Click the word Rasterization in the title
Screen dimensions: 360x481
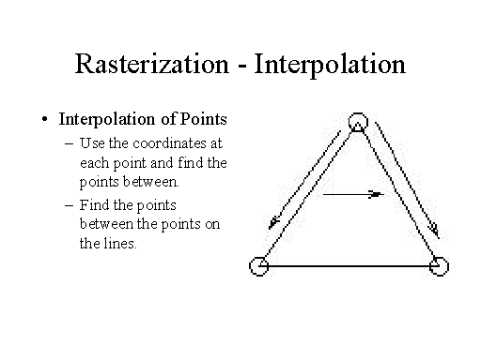tap(149, 65)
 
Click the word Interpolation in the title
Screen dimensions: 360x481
tap(327, 65)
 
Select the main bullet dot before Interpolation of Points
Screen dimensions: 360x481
tap(44, 121)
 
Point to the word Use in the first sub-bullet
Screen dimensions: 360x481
tap(93, 144)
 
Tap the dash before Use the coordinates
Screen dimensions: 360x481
tap(72, 144)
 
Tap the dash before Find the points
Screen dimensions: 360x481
tap(72, 204)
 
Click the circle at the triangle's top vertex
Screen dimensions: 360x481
tap(357, 122)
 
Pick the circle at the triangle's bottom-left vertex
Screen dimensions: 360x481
tap(259, 266)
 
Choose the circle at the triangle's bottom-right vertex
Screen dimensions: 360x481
tap(438, 266)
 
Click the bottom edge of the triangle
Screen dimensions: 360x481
tap(349, 266)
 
